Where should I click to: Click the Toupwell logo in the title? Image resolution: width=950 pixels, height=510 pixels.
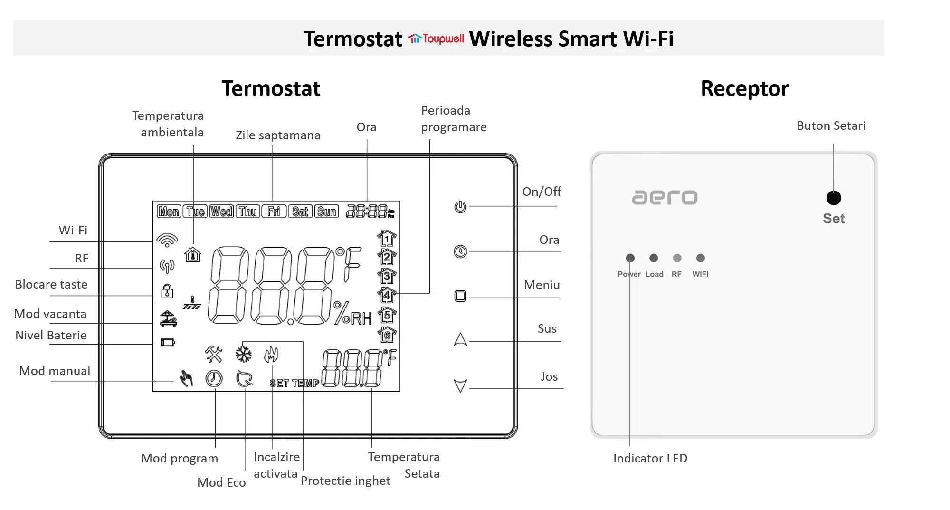[x=436, y=38]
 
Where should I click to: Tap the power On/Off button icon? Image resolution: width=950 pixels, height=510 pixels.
[x=460, y=207]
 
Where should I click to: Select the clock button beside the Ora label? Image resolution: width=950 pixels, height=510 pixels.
[x=460, y=251]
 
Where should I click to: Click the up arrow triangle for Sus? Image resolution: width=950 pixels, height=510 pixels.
[x=460, y=339]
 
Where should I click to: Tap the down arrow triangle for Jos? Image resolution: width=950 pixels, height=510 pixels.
[x=460, y=385]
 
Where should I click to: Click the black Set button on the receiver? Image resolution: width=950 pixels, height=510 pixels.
[x=834, y=198]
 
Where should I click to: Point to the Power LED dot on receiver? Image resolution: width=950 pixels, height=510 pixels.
[x=630, y=258]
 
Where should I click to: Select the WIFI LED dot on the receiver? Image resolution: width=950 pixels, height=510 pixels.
[x=700, y=258]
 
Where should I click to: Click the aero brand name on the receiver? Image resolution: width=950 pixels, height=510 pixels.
[x=665, y=197]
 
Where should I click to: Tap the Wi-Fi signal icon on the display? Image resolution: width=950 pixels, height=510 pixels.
[x=167, y=240]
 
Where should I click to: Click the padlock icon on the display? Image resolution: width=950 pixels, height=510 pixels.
[x=167, y=290]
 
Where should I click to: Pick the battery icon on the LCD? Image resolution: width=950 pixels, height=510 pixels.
[x=168, y=342]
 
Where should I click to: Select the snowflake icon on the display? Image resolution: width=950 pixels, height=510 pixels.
[x=244, y=354]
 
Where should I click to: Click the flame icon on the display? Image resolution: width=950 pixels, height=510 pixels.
[x=271, y=354]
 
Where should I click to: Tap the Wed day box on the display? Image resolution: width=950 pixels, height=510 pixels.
[x=221, y=212]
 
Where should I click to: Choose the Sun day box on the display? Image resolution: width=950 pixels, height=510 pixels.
[x=327, y=212]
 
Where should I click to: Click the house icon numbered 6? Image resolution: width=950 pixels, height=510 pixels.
[x=387, y=335]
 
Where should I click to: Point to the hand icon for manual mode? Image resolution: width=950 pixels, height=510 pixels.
[x=186, y=378]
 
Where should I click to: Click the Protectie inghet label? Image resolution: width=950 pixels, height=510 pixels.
[x=345, y=481]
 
